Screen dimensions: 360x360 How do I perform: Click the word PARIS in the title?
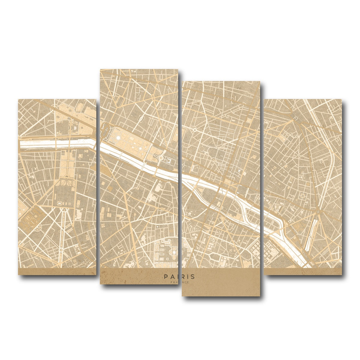tap(179, 277)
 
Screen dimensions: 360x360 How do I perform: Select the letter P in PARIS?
tap(166, 277)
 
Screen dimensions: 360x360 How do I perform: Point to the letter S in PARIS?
tap(193, 277)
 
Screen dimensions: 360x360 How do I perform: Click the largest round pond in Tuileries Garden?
tap(118, 138)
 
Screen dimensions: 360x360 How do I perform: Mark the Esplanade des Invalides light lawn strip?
tap(64, 163)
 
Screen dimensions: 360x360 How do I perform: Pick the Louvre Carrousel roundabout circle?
tap(161, 157)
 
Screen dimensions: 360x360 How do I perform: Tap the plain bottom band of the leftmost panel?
tap(57, 271)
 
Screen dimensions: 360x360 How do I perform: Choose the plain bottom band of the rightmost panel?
tap(303, 271)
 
